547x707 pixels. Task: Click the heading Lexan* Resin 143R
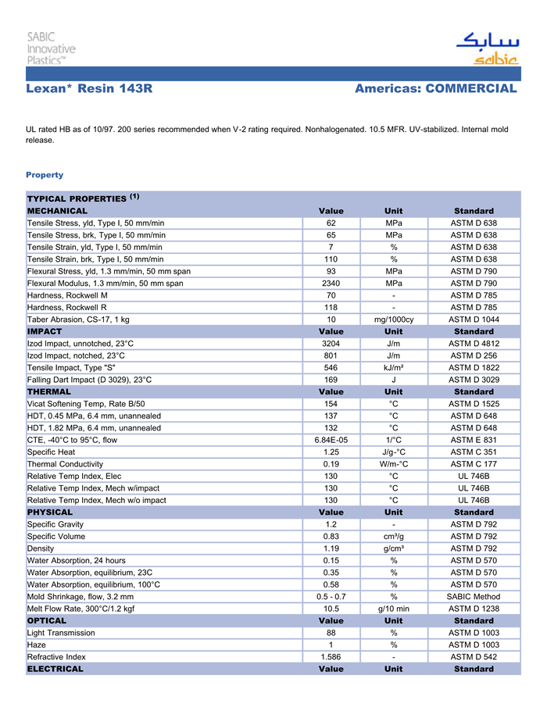point(88,89)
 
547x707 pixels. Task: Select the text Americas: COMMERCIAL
point(435,89)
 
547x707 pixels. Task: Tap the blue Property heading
point(45,175)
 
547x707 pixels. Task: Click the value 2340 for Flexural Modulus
point(331,283)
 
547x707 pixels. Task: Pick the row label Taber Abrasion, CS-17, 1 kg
point(78,320)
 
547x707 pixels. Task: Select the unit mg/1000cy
point(394,320)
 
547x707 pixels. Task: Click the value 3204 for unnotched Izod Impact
point(331,343)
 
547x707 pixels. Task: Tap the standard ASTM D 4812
point(474,343)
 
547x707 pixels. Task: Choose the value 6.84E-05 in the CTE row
point(331,440)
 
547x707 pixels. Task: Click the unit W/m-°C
point(394,464)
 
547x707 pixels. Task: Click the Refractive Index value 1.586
point(331,657)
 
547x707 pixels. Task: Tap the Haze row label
point(37,645)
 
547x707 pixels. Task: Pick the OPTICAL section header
point(47,620)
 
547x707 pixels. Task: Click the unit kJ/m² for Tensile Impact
point(394,367)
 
